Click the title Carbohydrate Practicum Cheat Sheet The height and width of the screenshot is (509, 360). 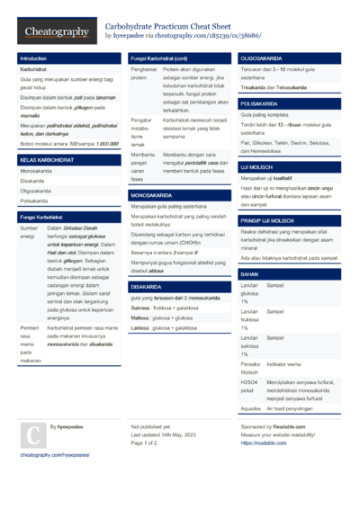[168, 27]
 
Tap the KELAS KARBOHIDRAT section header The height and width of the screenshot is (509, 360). [42, 159]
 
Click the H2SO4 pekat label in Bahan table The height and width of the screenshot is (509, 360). [248, 385]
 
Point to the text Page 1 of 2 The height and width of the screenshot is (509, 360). [144, 443]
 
